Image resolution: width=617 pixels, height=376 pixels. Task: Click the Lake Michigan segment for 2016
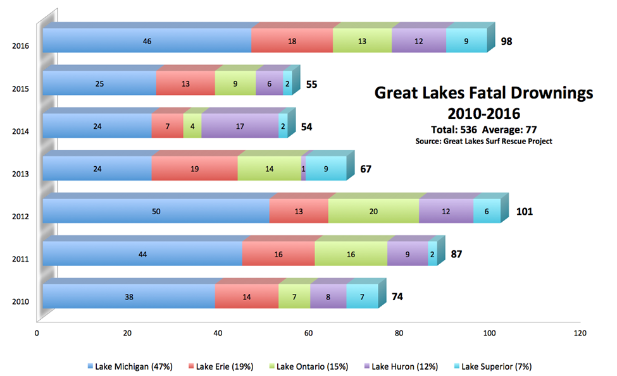coord(147,41)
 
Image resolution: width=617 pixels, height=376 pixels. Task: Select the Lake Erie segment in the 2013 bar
coord(194,169)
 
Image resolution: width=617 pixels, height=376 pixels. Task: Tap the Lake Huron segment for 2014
coord(239,126)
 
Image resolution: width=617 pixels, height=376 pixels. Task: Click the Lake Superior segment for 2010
coord(362,297)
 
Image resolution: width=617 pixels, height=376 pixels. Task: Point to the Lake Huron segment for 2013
coord(304,169)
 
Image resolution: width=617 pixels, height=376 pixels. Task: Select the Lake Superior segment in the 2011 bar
coord(432,254)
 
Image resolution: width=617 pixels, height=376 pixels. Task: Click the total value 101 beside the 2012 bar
coord(524,211)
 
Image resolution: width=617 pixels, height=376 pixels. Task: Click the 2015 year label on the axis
coord(20,89)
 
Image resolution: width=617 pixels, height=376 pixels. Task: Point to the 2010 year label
coord(20,301)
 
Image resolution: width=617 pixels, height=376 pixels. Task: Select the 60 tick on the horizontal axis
coord(308,333)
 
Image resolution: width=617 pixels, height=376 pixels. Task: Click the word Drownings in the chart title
coord(550,93)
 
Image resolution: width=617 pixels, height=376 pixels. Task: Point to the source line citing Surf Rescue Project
coord(483,142)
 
